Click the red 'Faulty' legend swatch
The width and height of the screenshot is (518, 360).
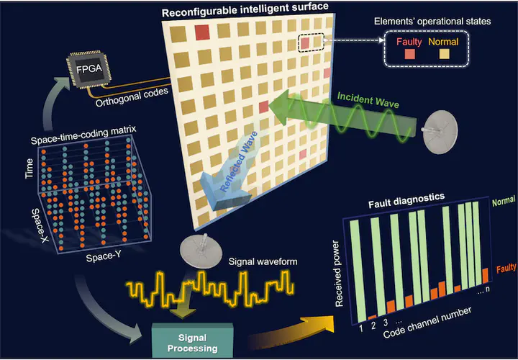click(x=408, y=54)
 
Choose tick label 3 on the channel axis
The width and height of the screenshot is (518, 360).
click(x=386, y=322)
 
